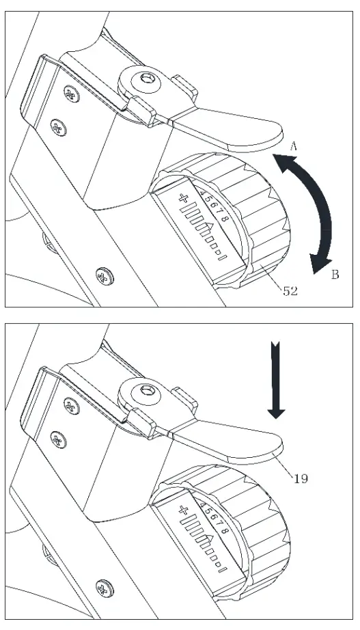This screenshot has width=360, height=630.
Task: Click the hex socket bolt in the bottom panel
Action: tap(145, 395)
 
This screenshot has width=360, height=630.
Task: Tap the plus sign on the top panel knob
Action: tap(183, 199)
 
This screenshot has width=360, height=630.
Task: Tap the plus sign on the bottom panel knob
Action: tap(183, 510)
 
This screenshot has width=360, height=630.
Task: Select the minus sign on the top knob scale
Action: tap(221, 256)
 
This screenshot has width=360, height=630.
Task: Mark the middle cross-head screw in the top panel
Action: tap(57, 126)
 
